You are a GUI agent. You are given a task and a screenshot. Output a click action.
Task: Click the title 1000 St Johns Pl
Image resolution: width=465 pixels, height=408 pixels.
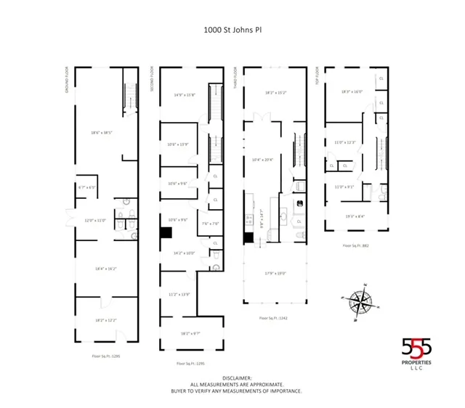click(232, 32)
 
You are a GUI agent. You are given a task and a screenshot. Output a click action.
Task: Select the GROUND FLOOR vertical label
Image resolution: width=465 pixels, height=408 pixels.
click(67, 81)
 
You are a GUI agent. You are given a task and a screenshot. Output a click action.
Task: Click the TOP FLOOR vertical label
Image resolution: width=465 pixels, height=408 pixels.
click(318, 76)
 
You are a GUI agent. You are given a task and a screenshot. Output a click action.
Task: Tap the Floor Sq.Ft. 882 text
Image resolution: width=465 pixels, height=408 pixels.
click(357, 245)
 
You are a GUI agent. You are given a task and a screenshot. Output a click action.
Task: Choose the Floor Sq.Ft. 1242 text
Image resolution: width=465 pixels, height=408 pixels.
click(274, 318)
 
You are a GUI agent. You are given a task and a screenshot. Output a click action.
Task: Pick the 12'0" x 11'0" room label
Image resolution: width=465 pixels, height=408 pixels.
click(94, 220)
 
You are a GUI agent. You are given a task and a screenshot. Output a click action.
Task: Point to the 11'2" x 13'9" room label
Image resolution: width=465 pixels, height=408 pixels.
click(179, 294)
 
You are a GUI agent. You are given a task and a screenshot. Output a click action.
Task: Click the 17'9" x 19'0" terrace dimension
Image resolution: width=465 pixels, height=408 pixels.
click(275, 273)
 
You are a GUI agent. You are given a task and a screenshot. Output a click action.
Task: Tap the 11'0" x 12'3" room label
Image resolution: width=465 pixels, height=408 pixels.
click(345, 142)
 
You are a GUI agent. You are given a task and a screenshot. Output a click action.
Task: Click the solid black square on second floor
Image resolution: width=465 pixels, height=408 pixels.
click(166, 233)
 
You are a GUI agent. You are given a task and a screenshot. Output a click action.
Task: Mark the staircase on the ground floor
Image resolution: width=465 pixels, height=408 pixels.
click(130, 95)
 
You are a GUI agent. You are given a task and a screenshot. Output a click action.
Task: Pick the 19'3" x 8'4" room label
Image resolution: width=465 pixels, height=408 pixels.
click(355, 216)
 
